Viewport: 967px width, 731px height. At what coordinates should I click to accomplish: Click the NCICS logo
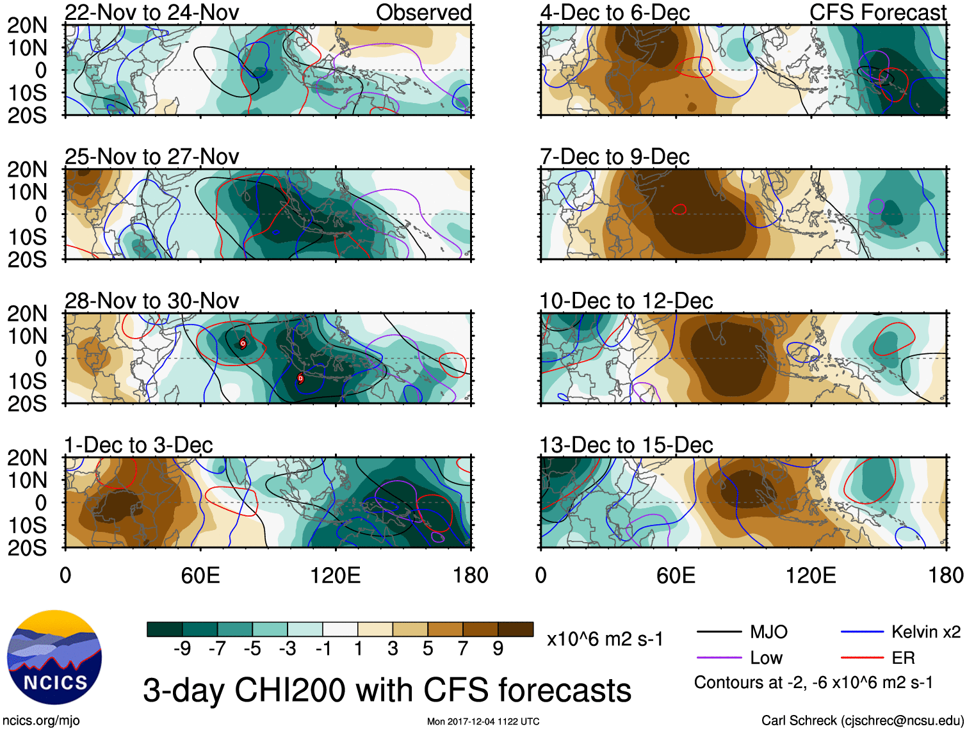[x=54, y=657]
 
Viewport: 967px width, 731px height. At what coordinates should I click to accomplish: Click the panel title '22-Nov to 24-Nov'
[x=152, y=12]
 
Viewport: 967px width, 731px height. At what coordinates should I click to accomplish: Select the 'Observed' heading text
[x=423, y=12]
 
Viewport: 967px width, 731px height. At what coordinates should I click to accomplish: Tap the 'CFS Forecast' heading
[x=877, y=12]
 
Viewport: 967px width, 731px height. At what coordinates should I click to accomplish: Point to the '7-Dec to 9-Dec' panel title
[x=615, y=157]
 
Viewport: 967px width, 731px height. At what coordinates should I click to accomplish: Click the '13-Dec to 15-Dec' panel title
[x=626, y=445]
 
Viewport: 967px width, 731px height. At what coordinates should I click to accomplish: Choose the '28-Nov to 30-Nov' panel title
[x=152, y=301]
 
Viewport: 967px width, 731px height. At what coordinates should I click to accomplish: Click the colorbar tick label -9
[x=182, y=649]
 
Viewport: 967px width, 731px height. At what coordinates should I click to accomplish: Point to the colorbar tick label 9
[x=498, y=649]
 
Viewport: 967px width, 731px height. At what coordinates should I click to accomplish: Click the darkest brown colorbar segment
[x=516, y=629]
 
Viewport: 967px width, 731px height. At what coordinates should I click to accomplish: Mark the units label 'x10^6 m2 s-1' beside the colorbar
[x=605, y=639]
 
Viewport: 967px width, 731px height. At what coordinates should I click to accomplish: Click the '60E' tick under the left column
[x=200, y=575]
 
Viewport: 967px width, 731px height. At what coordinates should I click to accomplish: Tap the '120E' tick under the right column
[x=811, y=575]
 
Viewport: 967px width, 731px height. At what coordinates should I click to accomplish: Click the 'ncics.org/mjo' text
[x=41, y=721]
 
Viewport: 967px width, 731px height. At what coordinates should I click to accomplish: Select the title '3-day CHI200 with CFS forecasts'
[x=387, y=691]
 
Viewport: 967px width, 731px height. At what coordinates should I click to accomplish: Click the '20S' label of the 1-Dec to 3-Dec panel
[x=27, y=548]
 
